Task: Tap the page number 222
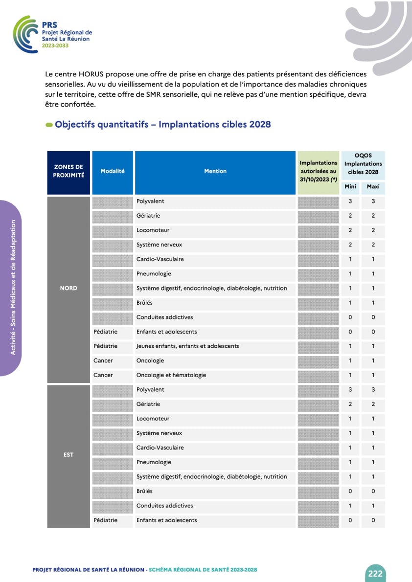click(x=375, y=574)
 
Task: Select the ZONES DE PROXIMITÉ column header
click(x=69, y=171)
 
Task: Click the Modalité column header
click(x=113, y=171)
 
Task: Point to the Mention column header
click(x=215, y=171)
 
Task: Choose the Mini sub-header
click(x=350, y=187)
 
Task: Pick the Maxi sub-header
click(x=373, y=187)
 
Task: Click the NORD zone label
click(x=69, y=288)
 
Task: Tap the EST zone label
click(x=69, y=455)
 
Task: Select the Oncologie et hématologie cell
click(x=171, y=375)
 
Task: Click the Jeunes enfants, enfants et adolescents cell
click(x=188, y=346)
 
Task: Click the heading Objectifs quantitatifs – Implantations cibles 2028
click(x=162, y=124)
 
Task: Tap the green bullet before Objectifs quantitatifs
click(x=49, y=125)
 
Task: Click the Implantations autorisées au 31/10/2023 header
click(x=319, y=171)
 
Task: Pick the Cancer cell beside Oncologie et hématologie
click(x=103, y=375)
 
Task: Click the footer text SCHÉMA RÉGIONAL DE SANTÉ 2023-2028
click(x=203, y=570)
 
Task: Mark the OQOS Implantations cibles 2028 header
click(x=363, y=164)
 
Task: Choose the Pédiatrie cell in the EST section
click(x=106, y=520)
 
